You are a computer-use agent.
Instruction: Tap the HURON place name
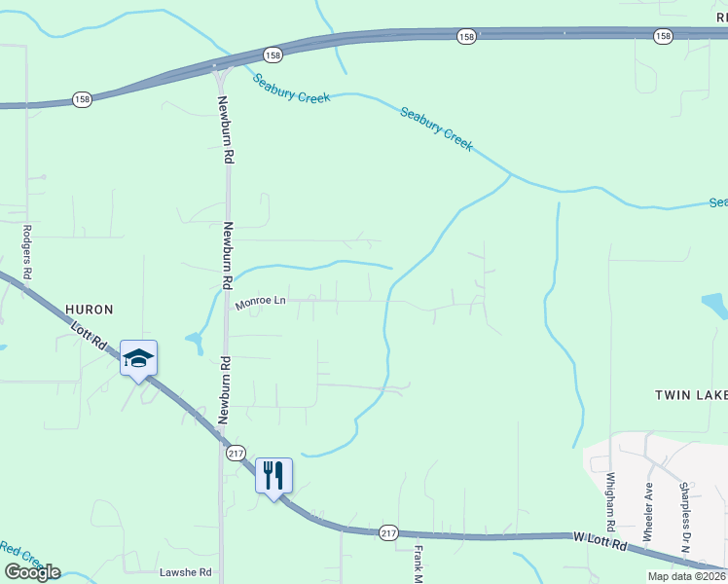(89, 310)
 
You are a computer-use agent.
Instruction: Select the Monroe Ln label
(260, 303)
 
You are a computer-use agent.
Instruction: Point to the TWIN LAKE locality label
(690, 395)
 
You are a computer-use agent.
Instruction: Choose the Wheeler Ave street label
(648, 501)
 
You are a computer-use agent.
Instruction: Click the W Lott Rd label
(600, 541)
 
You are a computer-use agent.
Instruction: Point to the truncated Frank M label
(418, 564)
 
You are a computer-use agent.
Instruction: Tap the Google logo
(32, 572)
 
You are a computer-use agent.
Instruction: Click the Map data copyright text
(687, 576)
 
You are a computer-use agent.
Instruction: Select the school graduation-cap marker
(138, 358)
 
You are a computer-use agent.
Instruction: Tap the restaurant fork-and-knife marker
(273, 476)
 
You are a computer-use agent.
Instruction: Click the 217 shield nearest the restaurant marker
(236, 454)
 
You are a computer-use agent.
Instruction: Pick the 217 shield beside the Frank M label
(389, 531)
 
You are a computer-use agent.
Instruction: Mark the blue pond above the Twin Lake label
(715, 306)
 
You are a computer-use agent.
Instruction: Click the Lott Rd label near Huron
(88, 336)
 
